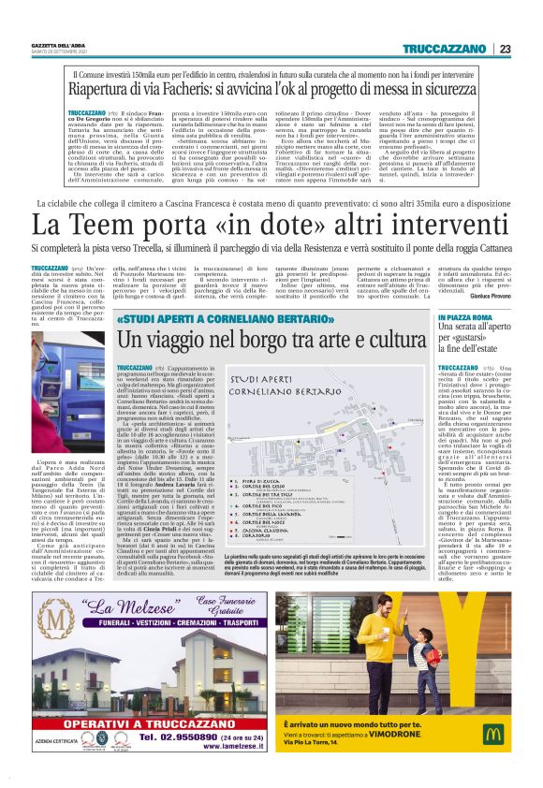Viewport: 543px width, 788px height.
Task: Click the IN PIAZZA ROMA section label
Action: (x=462, y=318)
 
